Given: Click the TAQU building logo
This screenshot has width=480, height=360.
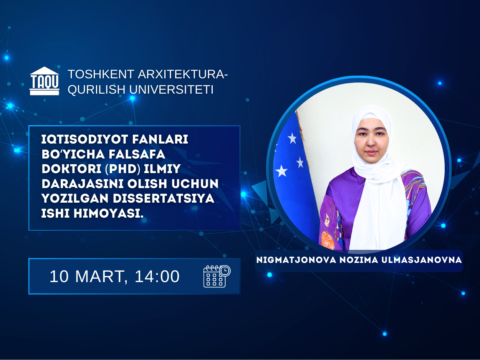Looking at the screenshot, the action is point(45,81).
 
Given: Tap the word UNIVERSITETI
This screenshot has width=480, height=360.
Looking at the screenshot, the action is point(171,89).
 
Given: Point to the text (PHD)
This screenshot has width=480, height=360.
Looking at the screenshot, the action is point(122,169).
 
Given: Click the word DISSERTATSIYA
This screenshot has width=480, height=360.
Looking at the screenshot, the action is point(163,198).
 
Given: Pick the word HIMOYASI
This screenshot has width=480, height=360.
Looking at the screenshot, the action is point(108,213).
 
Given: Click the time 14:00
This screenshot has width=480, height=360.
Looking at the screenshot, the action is point(157,276).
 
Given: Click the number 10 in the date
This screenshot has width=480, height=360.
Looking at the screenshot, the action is point(59,276).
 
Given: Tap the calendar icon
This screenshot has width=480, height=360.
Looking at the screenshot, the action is point(217,276).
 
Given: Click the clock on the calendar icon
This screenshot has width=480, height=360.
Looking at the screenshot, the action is point(225,271).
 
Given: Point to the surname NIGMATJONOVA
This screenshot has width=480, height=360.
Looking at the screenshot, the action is point(296,260).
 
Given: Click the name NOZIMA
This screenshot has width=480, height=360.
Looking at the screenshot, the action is point(359,260).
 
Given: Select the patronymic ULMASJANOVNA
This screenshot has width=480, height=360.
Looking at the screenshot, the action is point(422,260).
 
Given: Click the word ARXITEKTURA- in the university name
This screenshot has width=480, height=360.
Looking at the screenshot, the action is point(183,74).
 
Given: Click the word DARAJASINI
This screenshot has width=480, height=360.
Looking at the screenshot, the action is point(83,183).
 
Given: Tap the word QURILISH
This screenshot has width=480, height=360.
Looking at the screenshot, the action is point(96,89).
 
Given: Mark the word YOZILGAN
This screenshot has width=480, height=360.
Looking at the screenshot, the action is point(75,198).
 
